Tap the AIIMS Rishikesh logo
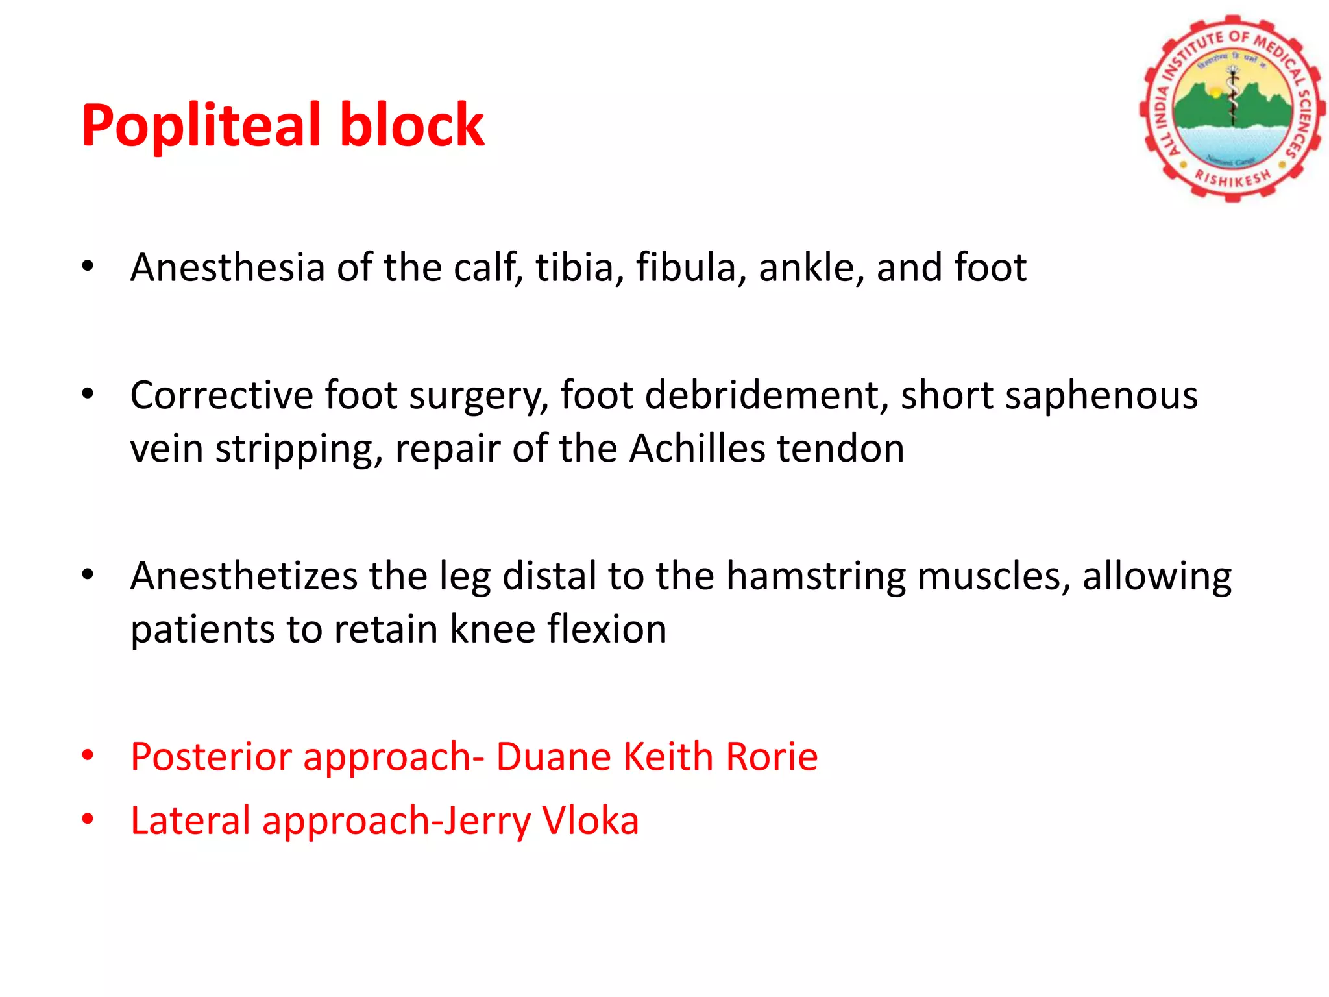[x=1231, y=108]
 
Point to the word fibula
[x=690, y=267]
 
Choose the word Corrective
[x=221, y=395]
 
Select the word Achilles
[x=697, y=449]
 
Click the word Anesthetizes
[x=243, y=576]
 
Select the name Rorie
[x=772, y=757]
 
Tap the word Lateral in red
[x=190, y=820]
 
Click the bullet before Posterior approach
[x=88, y=755]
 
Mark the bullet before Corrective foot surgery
[x=88, y=393]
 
